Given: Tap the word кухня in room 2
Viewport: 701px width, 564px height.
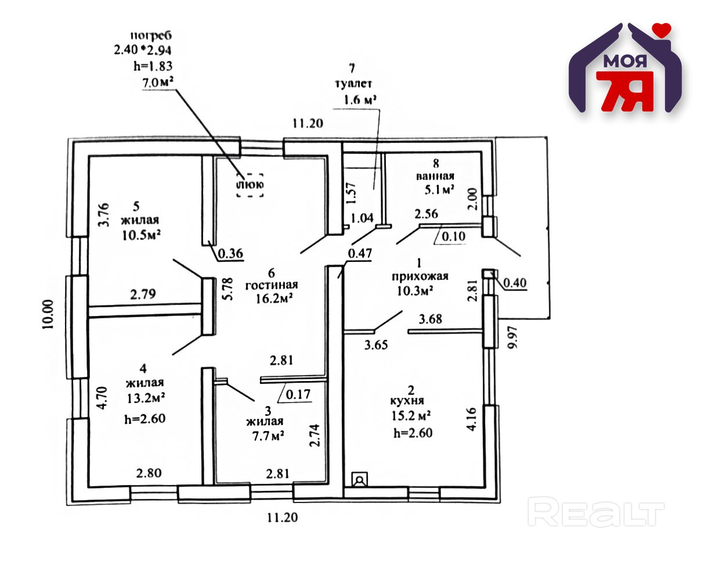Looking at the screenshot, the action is coord(407,401).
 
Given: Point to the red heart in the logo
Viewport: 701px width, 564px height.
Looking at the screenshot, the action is coord(661,28).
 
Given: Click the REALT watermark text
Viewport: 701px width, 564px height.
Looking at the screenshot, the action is coord(596,513).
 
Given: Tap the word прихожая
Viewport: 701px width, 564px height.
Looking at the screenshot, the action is coord(420,276).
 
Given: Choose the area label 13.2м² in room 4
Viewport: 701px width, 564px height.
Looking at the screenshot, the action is coord(143,398).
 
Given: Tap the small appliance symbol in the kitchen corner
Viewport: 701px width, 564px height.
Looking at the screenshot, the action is coord(360,480).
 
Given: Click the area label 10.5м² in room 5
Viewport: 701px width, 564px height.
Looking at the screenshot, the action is coord(140,235).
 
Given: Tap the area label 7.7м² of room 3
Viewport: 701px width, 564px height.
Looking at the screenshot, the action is coord(264,436).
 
